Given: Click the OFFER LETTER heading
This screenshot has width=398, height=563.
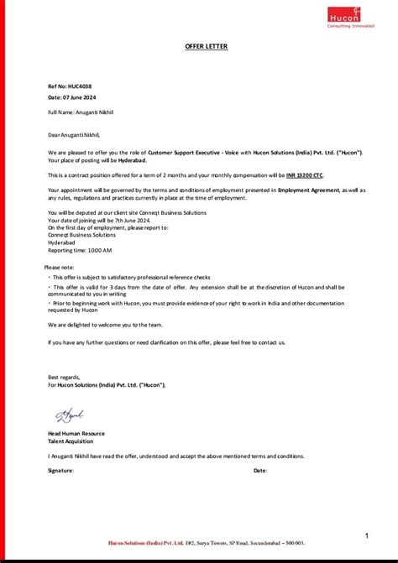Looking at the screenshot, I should point(206,46).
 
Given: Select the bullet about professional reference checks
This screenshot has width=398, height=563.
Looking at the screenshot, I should point(131,277).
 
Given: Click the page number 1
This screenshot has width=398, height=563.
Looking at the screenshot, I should point(367,534).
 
